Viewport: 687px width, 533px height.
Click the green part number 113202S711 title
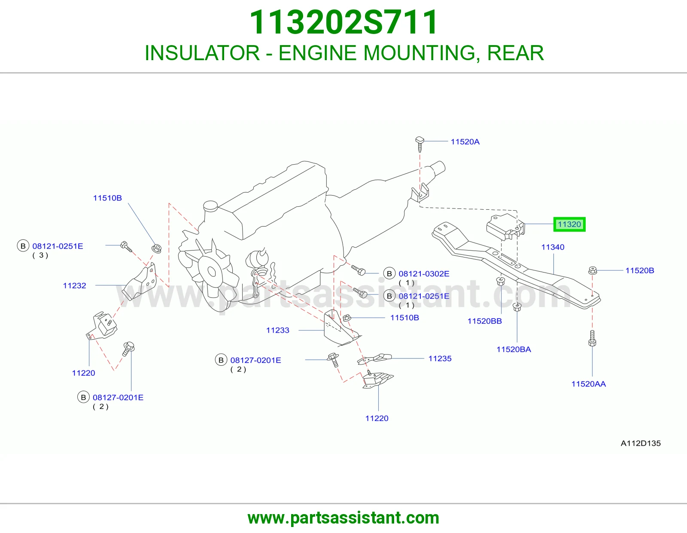pyautogui.click(x=343, y=22)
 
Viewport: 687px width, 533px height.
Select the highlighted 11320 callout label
pyautogui.click(x=569, y=224)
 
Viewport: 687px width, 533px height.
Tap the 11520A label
pyautogui.click(x=465, y=141)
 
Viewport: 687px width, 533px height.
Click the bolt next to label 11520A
pyautogui.click(x=419, y=144)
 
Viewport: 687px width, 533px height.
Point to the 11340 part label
pyautogui.click(x=553, y=247)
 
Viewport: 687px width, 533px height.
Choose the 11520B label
pyautogui.click(x=640, y=270)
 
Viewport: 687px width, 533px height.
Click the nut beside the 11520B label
pyautogui.click(x=593, y=270)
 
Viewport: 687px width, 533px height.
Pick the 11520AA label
pyautogui.click(x=588, y=383)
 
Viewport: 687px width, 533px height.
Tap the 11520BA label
pyautogui.click(x=514, y=349)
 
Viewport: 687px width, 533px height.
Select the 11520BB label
pyautogui.click(x=484, y=321)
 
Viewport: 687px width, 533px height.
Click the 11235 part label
pyautogui.click(x=440, y=358)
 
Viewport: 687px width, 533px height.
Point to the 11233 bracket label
pyautogui.click(x=277, y=330)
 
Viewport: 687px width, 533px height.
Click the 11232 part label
pyautogui.click(x=74, y=285)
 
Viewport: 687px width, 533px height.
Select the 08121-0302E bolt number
pyautogui.click(x=424, y=273)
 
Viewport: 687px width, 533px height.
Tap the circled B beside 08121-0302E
pyautogui.click(x=389, y=273)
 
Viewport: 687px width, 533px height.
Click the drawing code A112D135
pyautogui.click(x=641, y=443)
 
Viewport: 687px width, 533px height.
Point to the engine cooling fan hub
pyautogui.click(x=211, y=271)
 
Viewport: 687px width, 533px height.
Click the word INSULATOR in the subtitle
pyautogui.click(x=202, y=53)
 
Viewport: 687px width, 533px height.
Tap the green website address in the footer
pyautogui.click(x=343, y=518)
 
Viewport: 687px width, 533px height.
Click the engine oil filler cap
pyautogui.click(x=210, y=206)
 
